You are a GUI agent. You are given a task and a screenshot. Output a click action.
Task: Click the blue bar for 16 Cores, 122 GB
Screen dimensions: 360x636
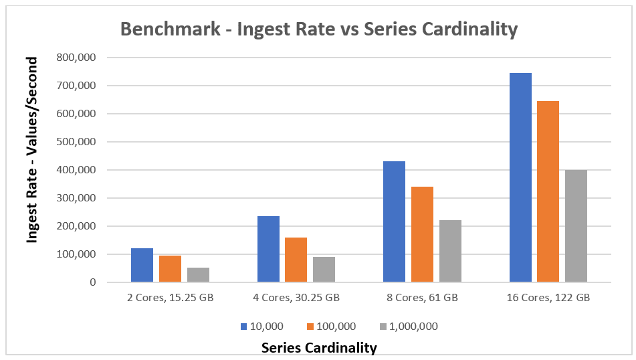[520, 177]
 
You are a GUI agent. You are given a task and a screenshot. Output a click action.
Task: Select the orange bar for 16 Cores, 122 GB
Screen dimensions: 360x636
[548, 191]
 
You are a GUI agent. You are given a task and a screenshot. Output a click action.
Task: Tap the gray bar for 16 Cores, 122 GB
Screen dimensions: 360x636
[576, 226]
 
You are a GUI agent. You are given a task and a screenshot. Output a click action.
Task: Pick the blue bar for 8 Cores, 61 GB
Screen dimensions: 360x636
[394, 221]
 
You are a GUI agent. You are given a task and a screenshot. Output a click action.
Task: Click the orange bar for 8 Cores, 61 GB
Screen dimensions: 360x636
[422, 234]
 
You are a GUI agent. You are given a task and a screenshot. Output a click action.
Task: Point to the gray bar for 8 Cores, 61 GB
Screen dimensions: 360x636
[450, 251]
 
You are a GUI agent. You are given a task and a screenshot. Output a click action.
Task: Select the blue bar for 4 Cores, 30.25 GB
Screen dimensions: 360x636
[268, 249]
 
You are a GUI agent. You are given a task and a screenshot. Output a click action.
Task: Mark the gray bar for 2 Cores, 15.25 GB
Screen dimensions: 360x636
[198, 274]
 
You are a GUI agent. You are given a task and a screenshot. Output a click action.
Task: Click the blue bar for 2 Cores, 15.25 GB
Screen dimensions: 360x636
[142, 265]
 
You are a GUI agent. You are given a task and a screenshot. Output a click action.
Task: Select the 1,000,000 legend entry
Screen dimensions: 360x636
[409, 327]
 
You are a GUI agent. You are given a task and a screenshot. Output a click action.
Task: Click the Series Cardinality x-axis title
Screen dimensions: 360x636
[319, 347]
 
